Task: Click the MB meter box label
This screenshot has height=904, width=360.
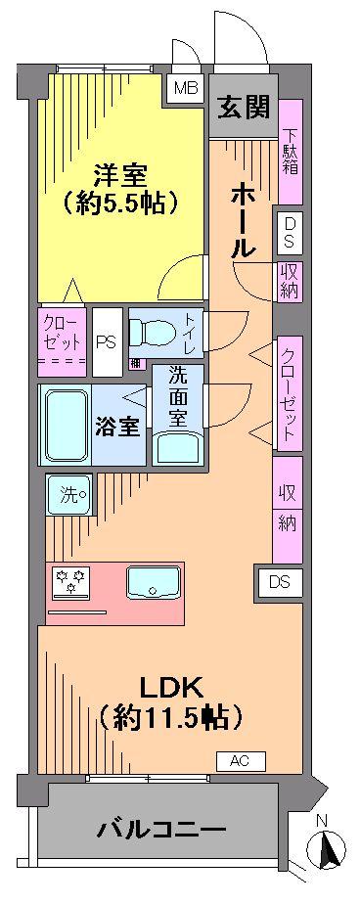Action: click(x=184, y=88)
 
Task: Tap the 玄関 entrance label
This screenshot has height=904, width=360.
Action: click(x=243, y=109)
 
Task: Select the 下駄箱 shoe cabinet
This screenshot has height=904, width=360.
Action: click(x=291, y=151)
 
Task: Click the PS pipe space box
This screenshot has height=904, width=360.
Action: click(x=106, y=342)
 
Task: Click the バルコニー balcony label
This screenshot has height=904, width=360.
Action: click(x=161, y=831)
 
